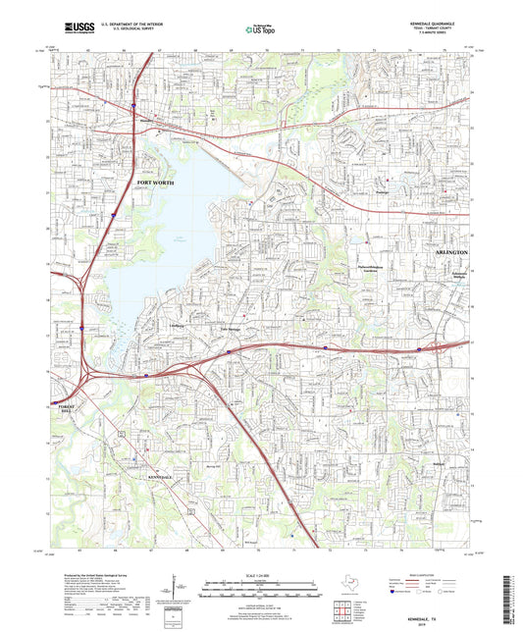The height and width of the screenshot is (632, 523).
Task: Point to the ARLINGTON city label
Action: tap(451, 252)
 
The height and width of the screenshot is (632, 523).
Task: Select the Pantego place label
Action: tap(385, 192)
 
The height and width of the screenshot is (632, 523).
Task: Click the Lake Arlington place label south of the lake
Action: tap(230, 328)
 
